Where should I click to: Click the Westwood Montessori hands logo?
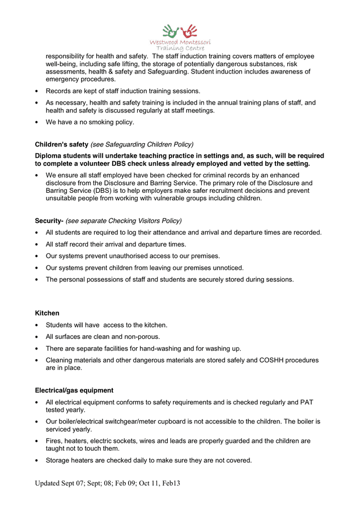pyautogui.click(x=180, y=31)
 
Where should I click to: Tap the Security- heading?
pyautogui.click(x=49, y=221)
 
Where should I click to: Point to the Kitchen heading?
pyautogui.click(x=47, y=313)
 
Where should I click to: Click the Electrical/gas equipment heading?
pyautogui.click(x=74, y=390)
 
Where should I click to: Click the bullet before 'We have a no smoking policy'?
pyautogui.click(x=37, y=122)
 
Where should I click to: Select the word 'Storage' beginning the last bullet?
pyautogui.click(x=59, y=460)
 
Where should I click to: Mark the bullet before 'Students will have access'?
pyautogui.click(x=37, y=325)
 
